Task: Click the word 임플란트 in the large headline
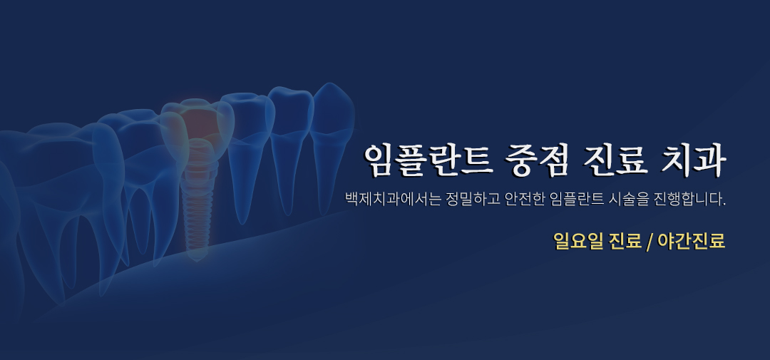point(428,160)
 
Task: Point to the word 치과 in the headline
point(694,160)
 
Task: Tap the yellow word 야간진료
point(692,241)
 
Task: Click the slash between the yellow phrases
point(650,242)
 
